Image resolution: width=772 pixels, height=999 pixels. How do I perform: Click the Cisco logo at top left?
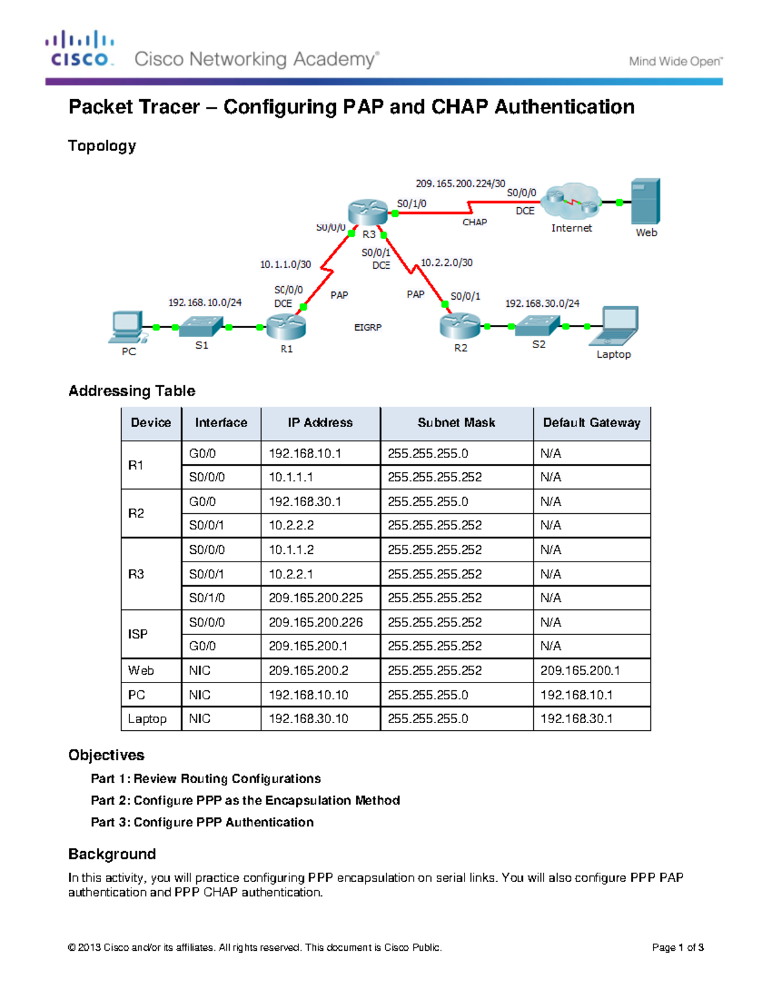click(80, 49)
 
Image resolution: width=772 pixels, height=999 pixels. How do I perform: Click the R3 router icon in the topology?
click(367, 212)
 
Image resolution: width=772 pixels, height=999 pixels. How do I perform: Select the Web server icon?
click(645, 201)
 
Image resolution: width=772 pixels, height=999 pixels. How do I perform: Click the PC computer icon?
click(127, 327)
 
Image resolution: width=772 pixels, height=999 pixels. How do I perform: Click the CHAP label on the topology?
click(474, 222)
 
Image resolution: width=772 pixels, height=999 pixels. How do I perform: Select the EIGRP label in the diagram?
click(367, 327)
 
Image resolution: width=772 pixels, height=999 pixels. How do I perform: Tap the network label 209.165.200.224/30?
click(460, 183)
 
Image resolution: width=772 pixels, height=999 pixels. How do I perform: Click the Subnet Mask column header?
click(456, 423)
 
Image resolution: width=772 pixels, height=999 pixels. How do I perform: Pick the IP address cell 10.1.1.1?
click(291, 477)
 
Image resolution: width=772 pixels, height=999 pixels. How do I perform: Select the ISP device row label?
click(138, 634)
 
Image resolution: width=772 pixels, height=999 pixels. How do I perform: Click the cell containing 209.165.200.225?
click(315, 598)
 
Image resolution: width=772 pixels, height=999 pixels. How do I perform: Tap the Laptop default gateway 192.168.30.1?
click(576, 719)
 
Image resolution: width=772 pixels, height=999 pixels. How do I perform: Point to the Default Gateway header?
click(591, 423)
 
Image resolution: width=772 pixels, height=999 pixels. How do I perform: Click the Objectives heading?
click(106, 755)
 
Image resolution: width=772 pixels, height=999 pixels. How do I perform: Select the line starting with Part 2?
click(245, 800)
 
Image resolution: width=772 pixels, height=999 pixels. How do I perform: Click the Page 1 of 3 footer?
click(677, 947)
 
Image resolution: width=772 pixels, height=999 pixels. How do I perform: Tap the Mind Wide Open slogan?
click(675, 62)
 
